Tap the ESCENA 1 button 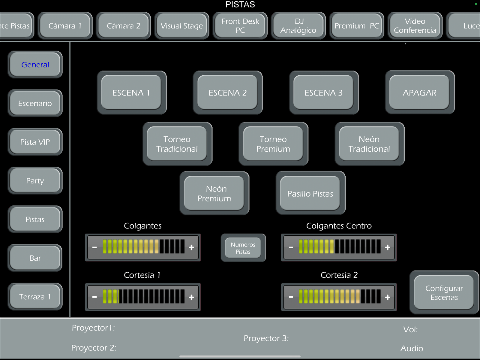point(131,92)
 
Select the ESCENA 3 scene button point(324,92)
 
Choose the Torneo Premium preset point(273,144)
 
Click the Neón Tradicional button point(369,144)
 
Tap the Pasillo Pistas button point(310,193)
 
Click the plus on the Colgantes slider point(191,247)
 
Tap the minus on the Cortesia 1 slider point(94,297)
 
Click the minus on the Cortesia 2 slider point(291,297)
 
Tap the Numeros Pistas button point(243,248)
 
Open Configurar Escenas point(444,292)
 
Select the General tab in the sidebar point(35,65)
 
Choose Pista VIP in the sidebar point(35,142)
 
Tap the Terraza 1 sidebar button point(35,297)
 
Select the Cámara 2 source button point(124,26)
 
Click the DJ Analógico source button point(298,26)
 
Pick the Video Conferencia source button point(415,26)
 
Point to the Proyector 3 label point(266,338)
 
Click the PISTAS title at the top point(240,5)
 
